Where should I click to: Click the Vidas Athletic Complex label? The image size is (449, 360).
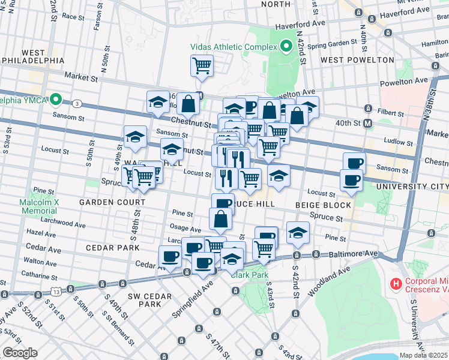[x=232, y=46]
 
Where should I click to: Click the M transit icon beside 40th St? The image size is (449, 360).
[x=368, y=123]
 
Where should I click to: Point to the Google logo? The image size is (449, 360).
[x=19, y=353]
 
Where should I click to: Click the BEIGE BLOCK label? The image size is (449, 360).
[x=322, y=205]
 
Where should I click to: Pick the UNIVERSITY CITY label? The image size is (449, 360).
[x=412, y=187]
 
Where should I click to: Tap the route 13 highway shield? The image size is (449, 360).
[x=56, y=292]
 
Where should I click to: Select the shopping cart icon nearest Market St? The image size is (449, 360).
[x=202, y=65]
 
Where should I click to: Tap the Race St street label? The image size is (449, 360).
[x=73, y=17]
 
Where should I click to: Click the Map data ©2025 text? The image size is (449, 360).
[x=423, y=355]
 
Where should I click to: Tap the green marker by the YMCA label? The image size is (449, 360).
[x=56, y=99]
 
